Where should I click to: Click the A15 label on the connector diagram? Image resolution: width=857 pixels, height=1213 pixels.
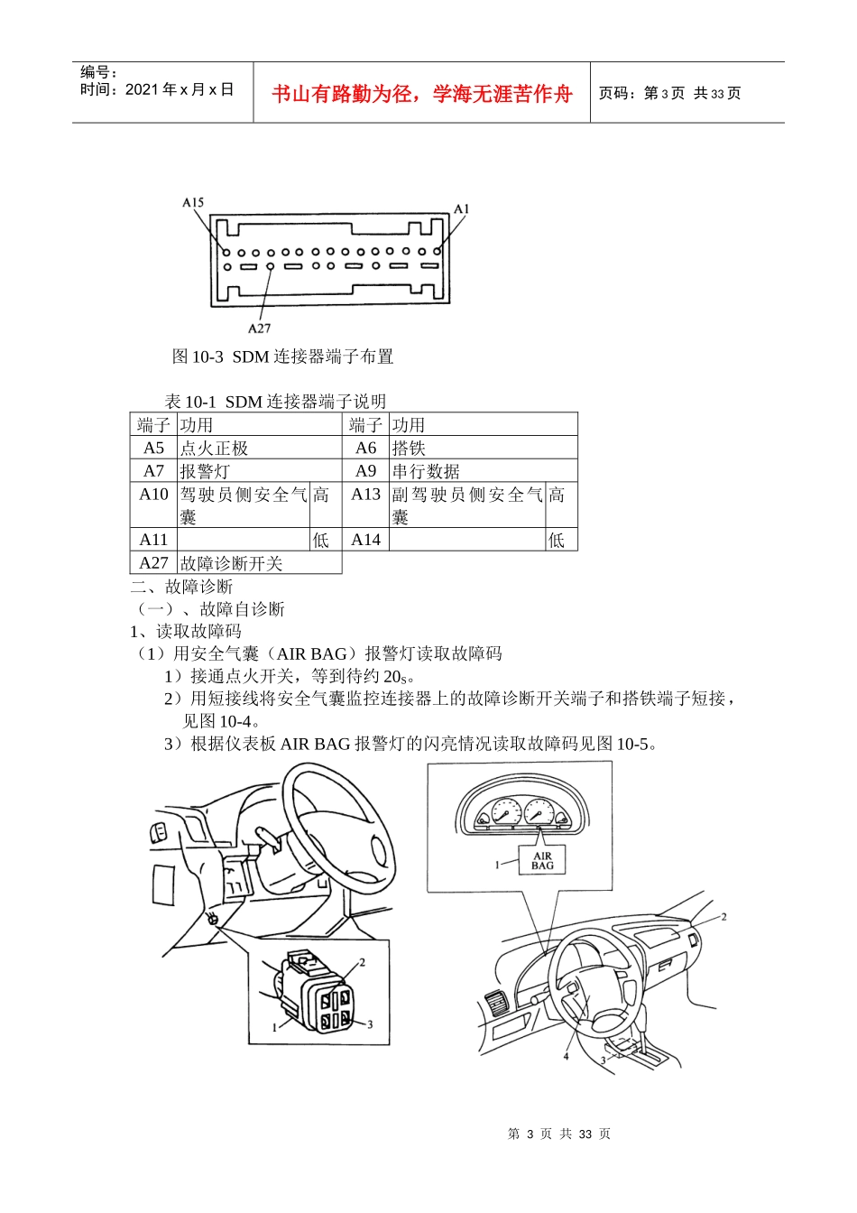(x=193, y=202)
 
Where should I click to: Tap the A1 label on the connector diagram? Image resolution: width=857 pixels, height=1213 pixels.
(x=461, y=208)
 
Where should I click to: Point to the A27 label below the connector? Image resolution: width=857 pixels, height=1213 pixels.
(x=259, y=328)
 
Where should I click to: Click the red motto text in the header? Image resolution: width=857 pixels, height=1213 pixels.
(x=422, y=94)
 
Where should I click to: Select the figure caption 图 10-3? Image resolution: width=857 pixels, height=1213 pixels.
(x=282, y=356)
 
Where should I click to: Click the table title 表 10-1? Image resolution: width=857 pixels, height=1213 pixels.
(x=275, y=402)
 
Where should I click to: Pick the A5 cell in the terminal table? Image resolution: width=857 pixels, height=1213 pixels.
(x=153, y=448)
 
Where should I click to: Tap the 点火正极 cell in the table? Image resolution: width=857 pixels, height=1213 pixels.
(x=214, y=448)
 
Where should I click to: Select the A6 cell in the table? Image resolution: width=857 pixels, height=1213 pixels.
(x=365, y=448)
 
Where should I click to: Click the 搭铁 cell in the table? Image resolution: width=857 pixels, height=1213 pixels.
(x=409, y=448)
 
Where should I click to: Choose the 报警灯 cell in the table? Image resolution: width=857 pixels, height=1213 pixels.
(x=205, y=471)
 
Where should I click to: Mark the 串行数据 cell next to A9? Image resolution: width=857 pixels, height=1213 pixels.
(x=426, y=471)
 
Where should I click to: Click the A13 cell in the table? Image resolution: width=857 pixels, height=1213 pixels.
(x=365, y=495)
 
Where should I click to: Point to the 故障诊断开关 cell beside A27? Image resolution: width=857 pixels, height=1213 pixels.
(x=231, y=563)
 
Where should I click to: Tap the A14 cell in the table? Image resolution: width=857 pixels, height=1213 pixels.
(x=365, y=540)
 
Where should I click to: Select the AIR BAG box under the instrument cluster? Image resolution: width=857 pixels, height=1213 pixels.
(x=542, y=861)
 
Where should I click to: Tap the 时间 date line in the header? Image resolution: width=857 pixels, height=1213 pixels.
(x=157, y=89)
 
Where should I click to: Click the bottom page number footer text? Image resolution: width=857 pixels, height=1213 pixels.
(x=558, y=1134)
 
